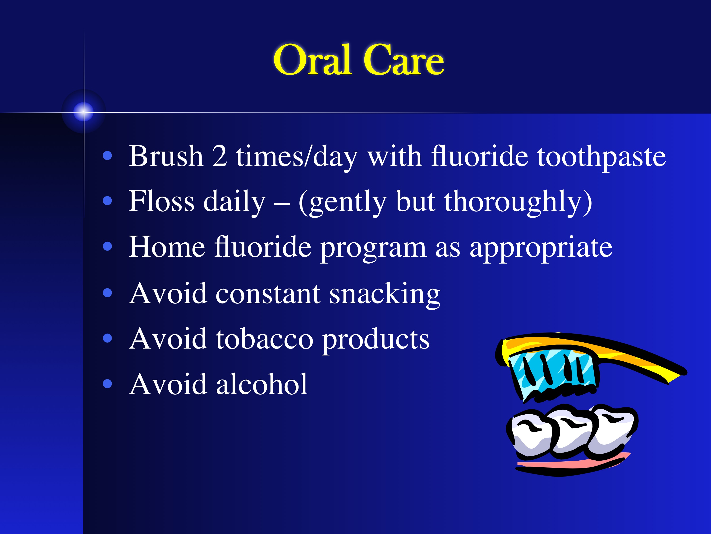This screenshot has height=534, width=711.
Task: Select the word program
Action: [373, 250]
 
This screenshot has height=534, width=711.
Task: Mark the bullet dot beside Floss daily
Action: [107, 201]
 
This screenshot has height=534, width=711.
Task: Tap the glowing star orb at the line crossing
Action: [84, 112]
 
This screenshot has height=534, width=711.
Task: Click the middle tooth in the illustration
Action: [572, 431]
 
